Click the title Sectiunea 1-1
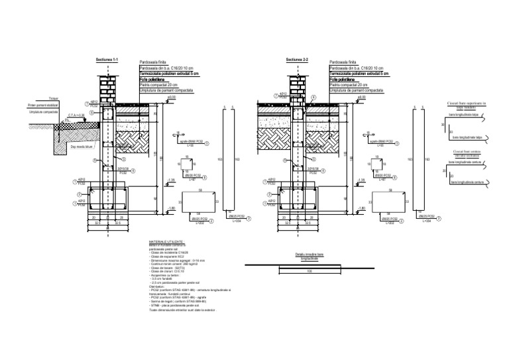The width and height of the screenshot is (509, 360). click(107, 60)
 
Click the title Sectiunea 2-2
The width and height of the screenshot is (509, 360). click(297, 60)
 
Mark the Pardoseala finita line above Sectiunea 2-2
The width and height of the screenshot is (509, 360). click(343, 62)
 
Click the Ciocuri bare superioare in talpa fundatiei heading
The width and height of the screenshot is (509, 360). click(467, 105)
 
